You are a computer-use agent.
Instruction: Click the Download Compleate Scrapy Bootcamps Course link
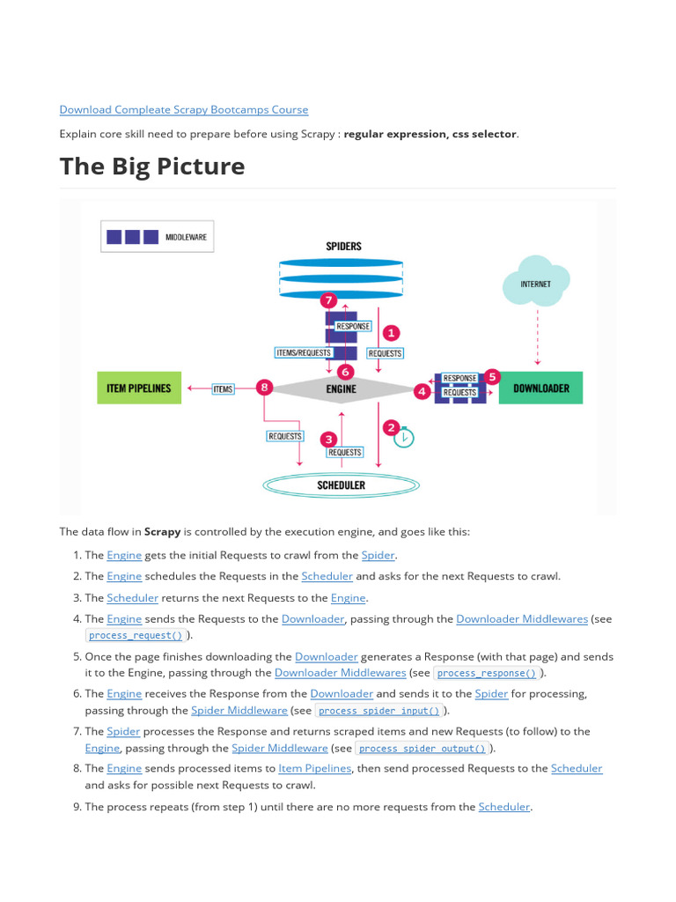(183, 109)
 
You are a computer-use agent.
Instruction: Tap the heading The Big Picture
(152, 166)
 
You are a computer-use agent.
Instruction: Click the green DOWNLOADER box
(540, 388)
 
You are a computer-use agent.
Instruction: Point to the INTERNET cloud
(535, 282)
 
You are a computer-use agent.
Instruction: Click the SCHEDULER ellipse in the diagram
(341, 484)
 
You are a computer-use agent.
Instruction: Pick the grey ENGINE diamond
(342, 388)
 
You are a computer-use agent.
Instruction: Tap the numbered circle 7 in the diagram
(329, 300)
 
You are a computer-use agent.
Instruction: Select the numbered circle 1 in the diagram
(390, 333)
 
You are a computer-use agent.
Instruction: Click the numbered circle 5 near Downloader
(492, 376)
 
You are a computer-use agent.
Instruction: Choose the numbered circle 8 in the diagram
(263, 388)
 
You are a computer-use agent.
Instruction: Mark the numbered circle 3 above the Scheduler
(328, 438)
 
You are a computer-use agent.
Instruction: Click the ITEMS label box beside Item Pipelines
(223, 388)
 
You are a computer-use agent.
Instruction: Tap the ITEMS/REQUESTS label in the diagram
(304, 352)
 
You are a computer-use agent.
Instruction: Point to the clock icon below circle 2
(404, 437)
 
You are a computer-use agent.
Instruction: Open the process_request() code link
(136, 635)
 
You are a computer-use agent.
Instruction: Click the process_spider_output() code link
(422, 749)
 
